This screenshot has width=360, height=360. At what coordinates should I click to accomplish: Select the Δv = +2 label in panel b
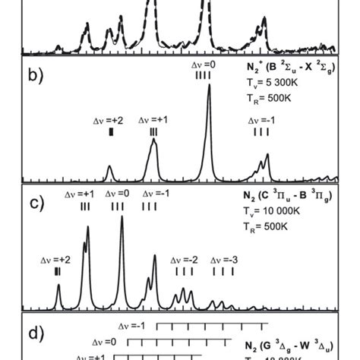[109, 121]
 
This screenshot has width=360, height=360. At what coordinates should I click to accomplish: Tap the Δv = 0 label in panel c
[118, 195]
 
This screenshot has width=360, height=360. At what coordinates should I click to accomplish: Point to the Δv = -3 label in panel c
[224, 260]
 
